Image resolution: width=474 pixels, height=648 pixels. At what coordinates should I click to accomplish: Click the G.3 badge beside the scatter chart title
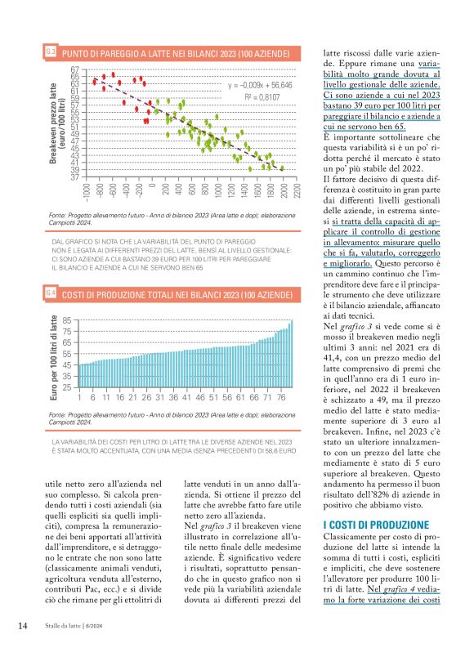[x=49, y=54]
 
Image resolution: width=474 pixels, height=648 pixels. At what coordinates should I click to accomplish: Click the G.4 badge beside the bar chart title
[x=49, y=292]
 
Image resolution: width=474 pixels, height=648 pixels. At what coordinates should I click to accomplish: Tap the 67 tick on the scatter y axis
[x=75, y=69]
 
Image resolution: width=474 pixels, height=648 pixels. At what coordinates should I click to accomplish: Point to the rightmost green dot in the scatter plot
[x=283, y=168]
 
